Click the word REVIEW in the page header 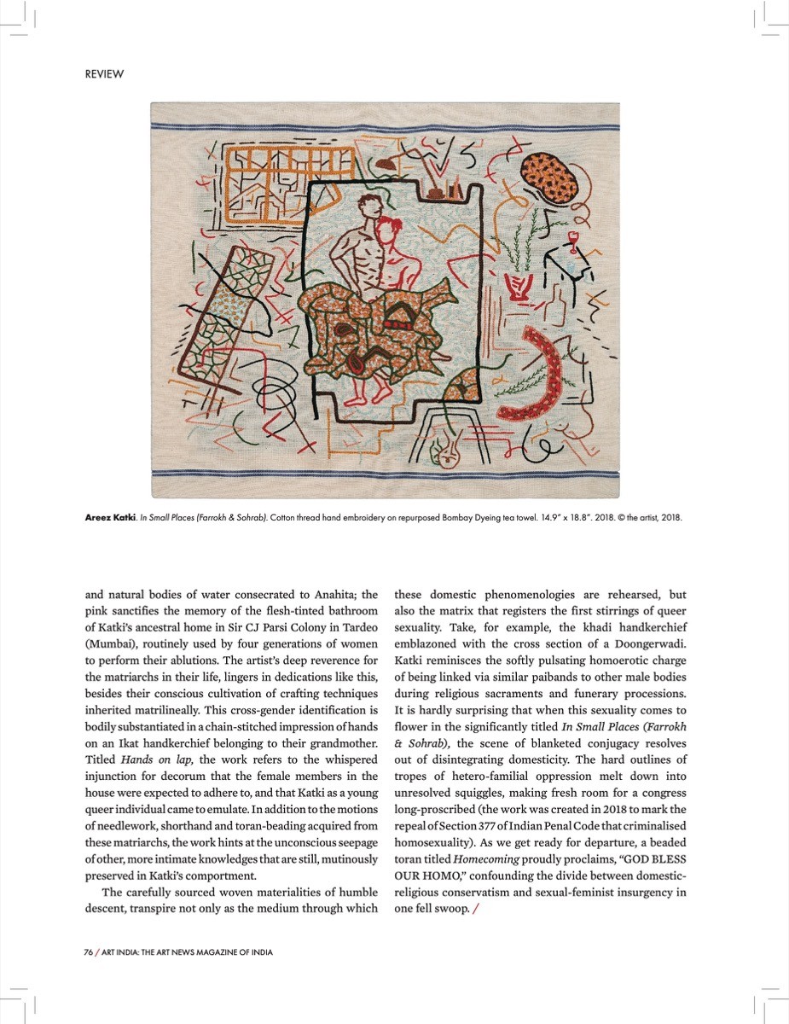click(104, 74)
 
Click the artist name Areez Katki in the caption click(108, 518)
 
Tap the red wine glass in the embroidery click(572, 238)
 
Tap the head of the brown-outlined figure click(368, 207)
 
